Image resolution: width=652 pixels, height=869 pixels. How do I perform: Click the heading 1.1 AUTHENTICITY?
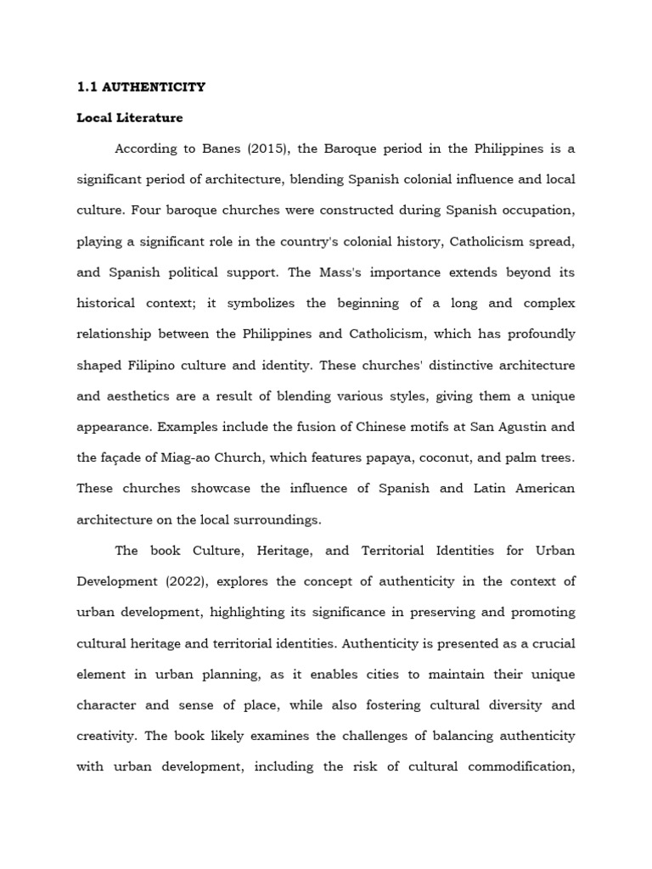(141, 87)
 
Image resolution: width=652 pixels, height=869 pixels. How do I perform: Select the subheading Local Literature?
(129, 118)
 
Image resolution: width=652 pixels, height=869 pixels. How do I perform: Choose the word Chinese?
(382, 427)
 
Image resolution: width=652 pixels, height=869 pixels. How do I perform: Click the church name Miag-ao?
(181, 458)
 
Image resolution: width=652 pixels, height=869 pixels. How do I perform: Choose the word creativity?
(106, 736)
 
